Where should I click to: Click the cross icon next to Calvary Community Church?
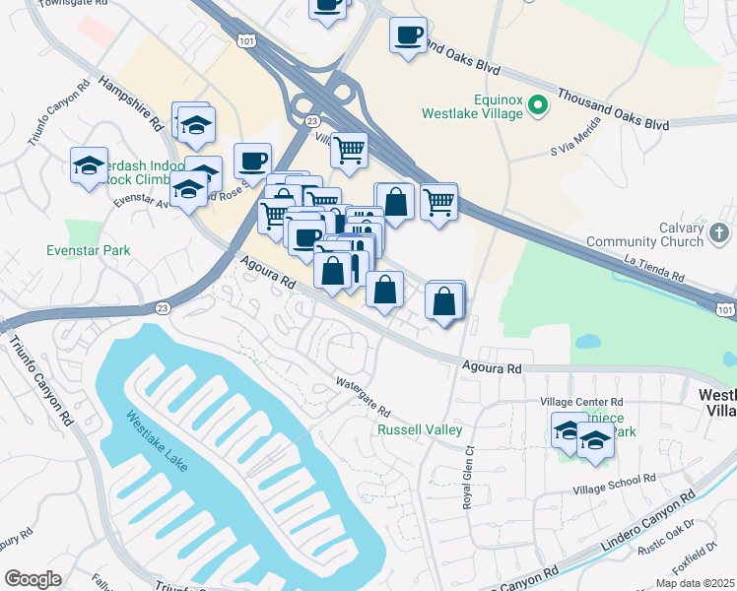click(x=719, y=233)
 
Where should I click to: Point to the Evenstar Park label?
click(x=89, y=250)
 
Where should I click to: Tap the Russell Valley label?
click(x=420, y=429)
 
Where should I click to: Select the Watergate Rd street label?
click(x=364, y=397)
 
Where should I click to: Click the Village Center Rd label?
click(x=583, y=402)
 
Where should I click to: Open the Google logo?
click(x=33, y=578)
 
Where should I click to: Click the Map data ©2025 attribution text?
click(x=695, y=582)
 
